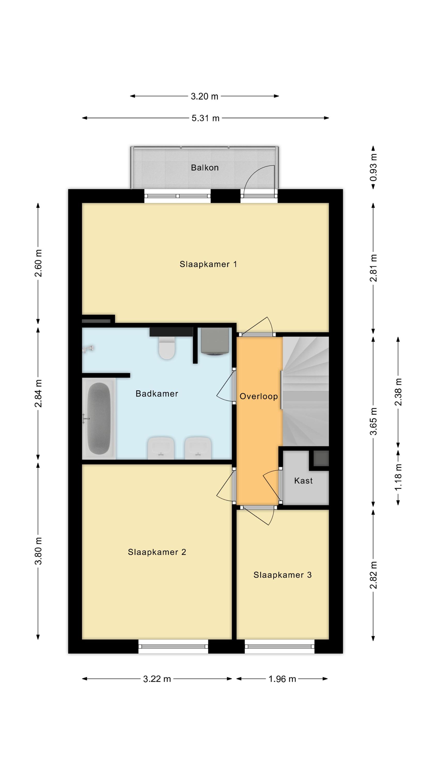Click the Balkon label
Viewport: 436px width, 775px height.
pos(205,168)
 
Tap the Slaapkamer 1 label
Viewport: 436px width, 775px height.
pos(208,264)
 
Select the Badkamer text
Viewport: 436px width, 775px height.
pos(157,393)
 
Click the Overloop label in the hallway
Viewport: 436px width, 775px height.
pos(259,396)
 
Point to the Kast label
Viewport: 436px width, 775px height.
pos(303,481)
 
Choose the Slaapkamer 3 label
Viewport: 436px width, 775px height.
pos(282,575)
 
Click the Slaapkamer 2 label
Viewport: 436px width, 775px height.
pos(157,552)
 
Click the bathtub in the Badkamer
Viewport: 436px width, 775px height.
pos(99,419)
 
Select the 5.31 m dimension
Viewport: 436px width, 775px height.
pos(206,118)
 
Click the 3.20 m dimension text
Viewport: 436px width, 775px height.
pos(204,96)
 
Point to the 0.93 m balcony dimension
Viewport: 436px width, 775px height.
pos(373,168)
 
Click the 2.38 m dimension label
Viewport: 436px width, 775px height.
pos(398,392)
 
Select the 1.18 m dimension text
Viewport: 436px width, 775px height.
pos(398,477)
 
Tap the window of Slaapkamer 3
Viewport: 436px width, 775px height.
pos(279,646)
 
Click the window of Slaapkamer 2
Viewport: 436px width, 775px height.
pos(173,646)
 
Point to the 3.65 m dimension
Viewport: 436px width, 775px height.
pos(373,421)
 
